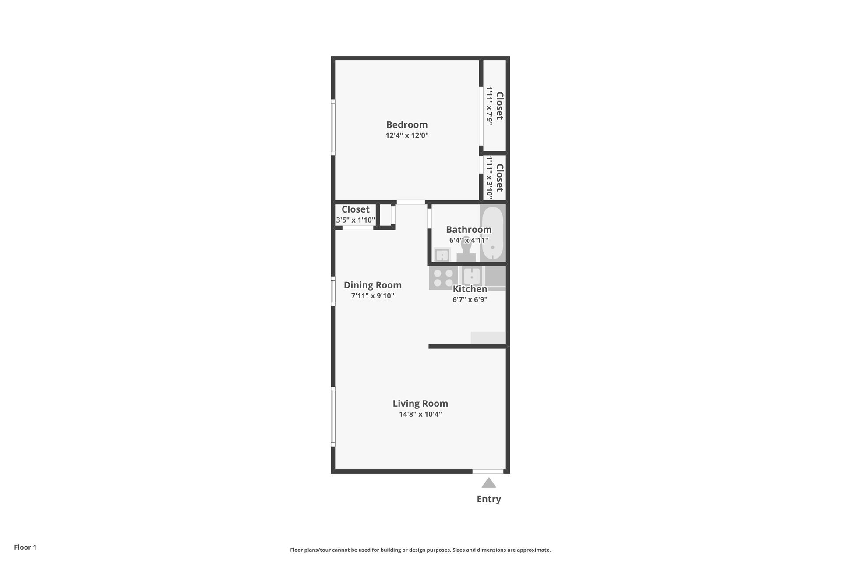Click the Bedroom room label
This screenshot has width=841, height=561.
(406, 124)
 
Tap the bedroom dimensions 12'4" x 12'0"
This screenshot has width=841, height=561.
(406, 135)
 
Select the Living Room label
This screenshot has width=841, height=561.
(420, 403)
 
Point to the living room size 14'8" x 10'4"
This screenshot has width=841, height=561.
(420, 414)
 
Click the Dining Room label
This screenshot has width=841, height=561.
(372, 285)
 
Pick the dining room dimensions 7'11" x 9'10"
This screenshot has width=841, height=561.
(372, 296)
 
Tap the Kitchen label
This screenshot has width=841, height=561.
(470, 289)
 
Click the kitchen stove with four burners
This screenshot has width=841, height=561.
(443, 277)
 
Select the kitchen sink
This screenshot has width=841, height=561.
(471, 277)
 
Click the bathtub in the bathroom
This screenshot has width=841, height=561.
(493, 233)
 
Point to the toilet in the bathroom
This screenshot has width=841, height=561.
(466, 250)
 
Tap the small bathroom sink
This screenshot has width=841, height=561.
(442, 255)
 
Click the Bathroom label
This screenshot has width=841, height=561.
(469, 230)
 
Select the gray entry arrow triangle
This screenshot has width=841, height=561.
(489, 483)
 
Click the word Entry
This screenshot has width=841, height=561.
(489, 499)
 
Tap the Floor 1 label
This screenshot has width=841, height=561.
(25, 547)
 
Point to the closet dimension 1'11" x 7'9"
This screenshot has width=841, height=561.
(490, 106)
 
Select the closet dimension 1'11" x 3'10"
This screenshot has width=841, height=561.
(490, 177)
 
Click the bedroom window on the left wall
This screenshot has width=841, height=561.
(333, 127)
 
